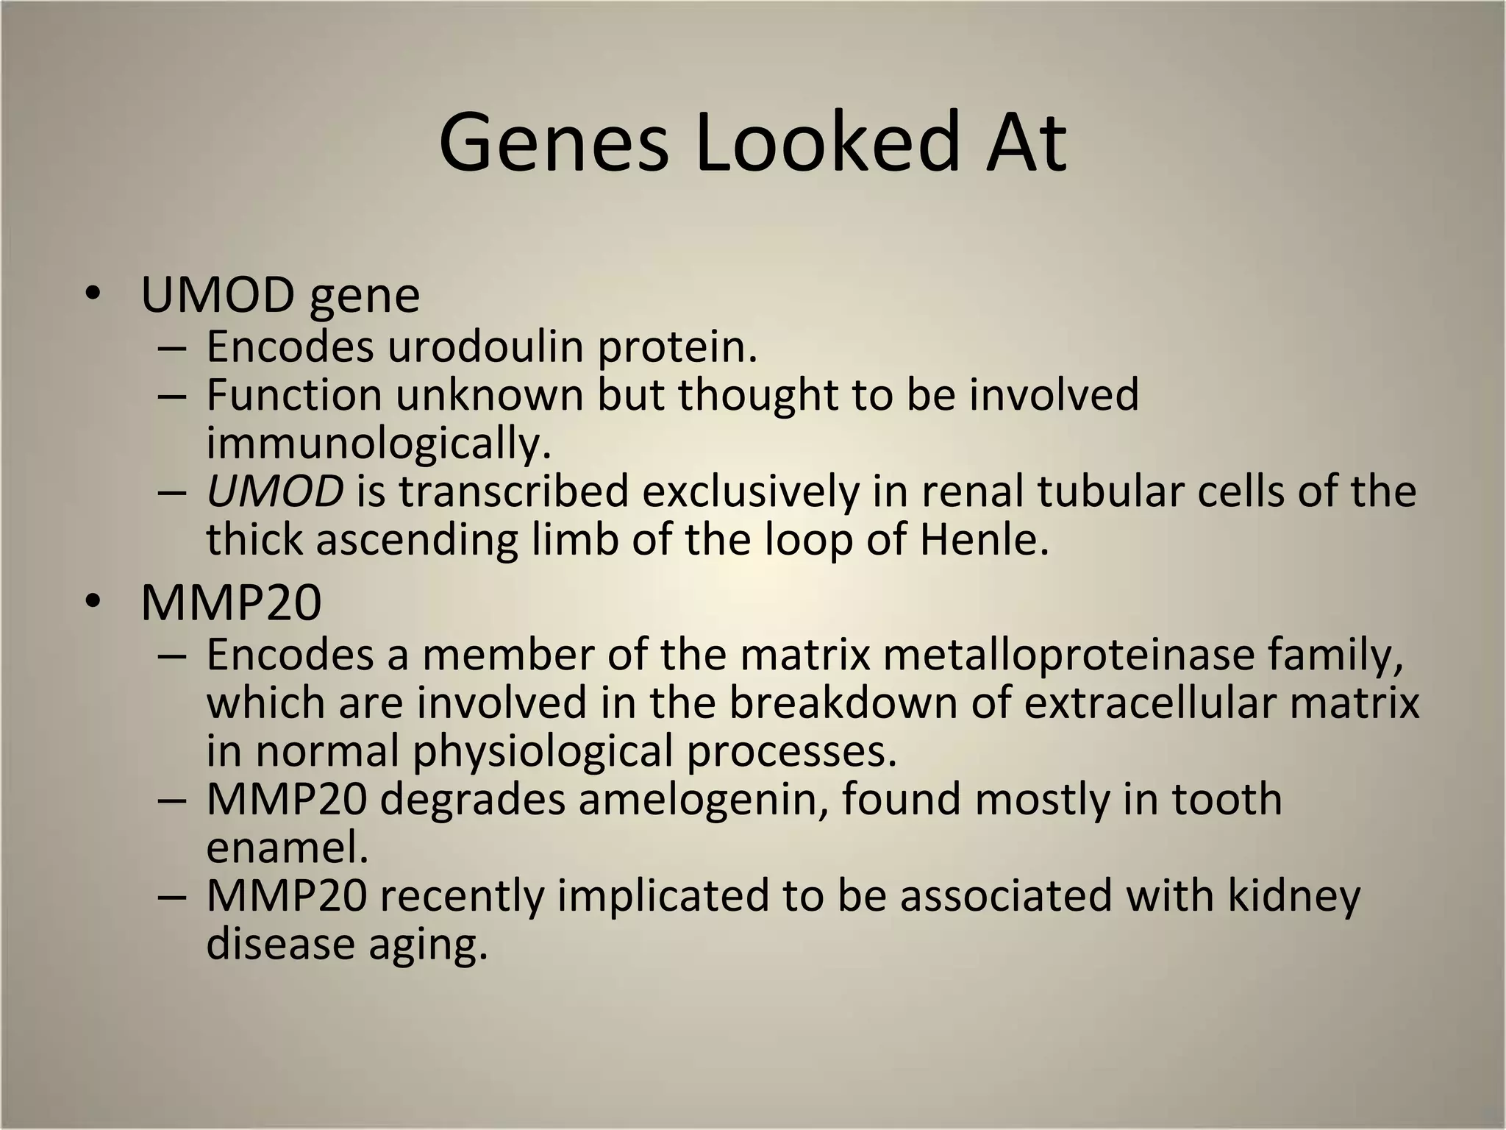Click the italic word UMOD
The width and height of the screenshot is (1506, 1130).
[x=274, y=491]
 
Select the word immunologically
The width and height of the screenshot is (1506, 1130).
[x=378, y=444]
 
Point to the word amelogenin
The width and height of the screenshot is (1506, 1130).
[x=704, y=799]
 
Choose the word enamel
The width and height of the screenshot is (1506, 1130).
[x=287, y=847]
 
